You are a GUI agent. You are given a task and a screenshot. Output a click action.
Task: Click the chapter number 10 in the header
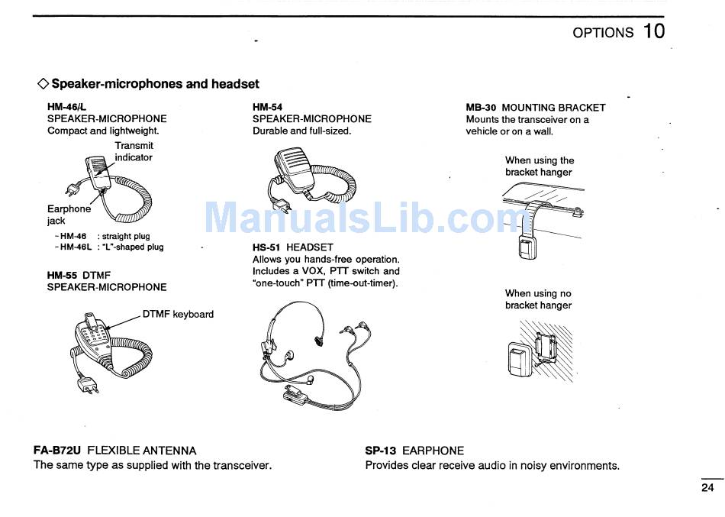[653, 31]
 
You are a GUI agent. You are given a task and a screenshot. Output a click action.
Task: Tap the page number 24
[707, 487]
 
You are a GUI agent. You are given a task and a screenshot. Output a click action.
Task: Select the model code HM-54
[267, 108]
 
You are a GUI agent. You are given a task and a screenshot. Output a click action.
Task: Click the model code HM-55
[63, 275]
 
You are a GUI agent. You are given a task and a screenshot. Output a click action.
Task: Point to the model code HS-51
[268, 247]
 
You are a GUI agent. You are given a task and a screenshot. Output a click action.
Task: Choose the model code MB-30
[481, 108]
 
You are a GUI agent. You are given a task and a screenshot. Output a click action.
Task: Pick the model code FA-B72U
[57, 451]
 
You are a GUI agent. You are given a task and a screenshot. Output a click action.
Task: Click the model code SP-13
[382, 451]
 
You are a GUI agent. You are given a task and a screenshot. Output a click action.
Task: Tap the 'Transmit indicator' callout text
[134, 151]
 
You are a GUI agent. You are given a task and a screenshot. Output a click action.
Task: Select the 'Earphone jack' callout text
[68, 215]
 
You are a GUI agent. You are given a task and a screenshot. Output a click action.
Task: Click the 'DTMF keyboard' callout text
[178, 314]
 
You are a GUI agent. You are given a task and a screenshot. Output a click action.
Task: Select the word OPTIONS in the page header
[603, 33]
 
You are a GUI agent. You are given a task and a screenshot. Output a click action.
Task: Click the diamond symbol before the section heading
[43, 84]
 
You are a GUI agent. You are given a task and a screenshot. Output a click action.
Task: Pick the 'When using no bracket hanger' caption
[538, 299]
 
